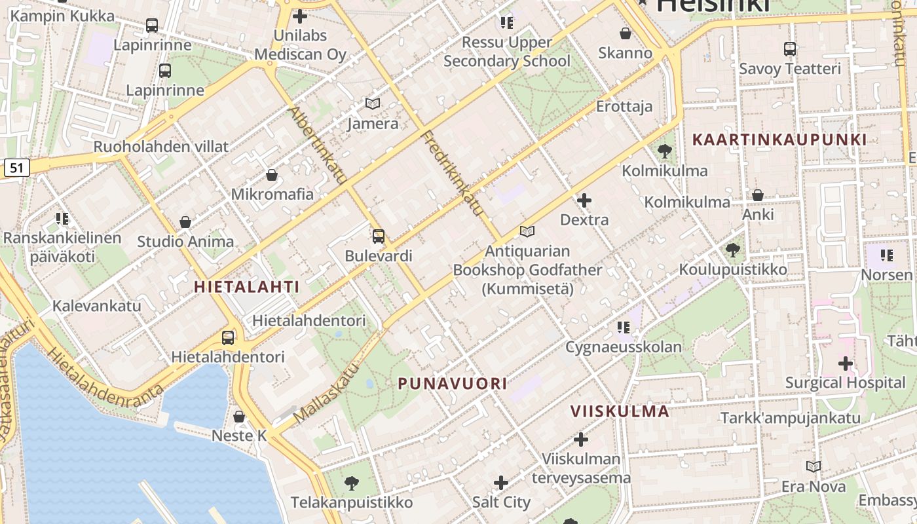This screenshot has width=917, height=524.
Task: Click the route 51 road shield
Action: (x=16, y=168)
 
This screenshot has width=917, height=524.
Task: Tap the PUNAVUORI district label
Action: (x=453, y=384)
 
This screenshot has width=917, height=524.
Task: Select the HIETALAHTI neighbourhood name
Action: (x=246, y=287)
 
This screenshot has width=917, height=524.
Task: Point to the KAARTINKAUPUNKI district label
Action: (x=779, y=140)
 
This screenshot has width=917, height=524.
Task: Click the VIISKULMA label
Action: (x=620, y=411)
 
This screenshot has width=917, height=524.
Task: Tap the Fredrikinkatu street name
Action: (x=453, y=174)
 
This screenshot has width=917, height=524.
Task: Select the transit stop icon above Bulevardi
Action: (x=378, y=236)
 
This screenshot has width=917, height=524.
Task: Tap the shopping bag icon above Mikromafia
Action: (x=272, y=176)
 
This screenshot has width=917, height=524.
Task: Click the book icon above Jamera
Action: (x=373, y=103)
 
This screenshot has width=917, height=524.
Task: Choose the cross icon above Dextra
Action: (x=584, y=200)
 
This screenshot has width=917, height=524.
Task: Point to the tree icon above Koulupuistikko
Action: (x=733, y=250)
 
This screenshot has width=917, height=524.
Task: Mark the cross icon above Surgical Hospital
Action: (x=845, y=363)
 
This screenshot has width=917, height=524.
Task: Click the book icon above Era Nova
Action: (x=814, y=466)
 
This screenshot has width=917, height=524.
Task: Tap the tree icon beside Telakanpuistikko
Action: (x=352, y=483)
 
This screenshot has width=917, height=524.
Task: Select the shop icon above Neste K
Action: (x=239, y=417)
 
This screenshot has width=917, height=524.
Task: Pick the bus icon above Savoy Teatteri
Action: (x=790, y=48)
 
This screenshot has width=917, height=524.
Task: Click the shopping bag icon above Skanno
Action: (x=625, y=33)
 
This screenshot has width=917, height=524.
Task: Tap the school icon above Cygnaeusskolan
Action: (x=623, y=327)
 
